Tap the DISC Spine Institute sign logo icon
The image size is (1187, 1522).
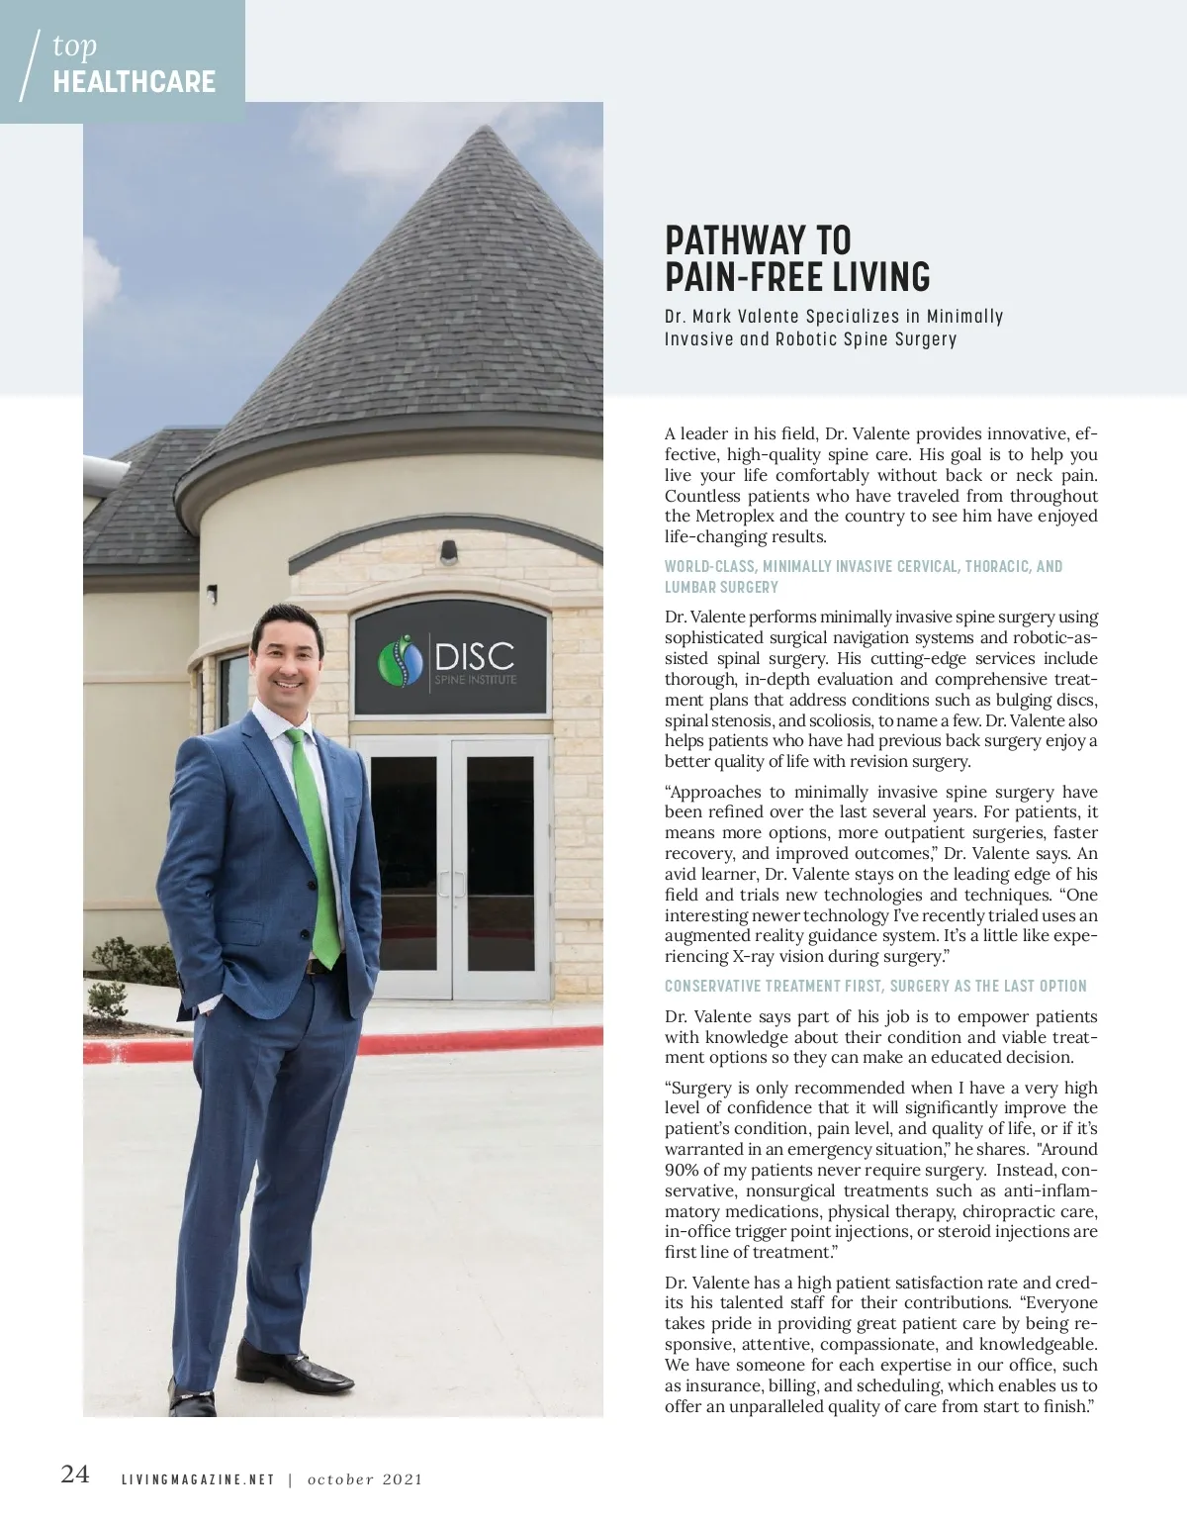pyautogui.click(x=400, y=663)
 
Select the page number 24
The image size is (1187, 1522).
pyautogui.click(x=75, y=1474)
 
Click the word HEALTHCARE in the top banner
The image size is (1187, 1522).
pyautogui.click(x=135, y=82)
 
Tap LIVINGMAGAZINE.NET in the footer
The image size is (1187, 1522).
pyautogui.click(x=197, y=1480)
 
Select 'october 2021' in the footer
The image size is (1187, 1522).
pyautogui.click(x=365, y=1480)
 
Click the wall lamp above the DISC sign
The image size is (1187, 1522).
pyautogui.click(x=450, y=548)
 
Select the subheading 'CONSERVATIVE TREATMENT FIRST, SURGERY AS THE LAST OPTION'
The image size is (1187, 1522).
pyautogui.click(x=875, y=986)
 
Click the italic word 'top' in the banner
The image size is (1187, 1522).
pyautogui.click(x=74, y=47)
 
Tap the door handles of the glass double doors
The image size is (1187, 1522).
pyautogui.click(x=452, y=883)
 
